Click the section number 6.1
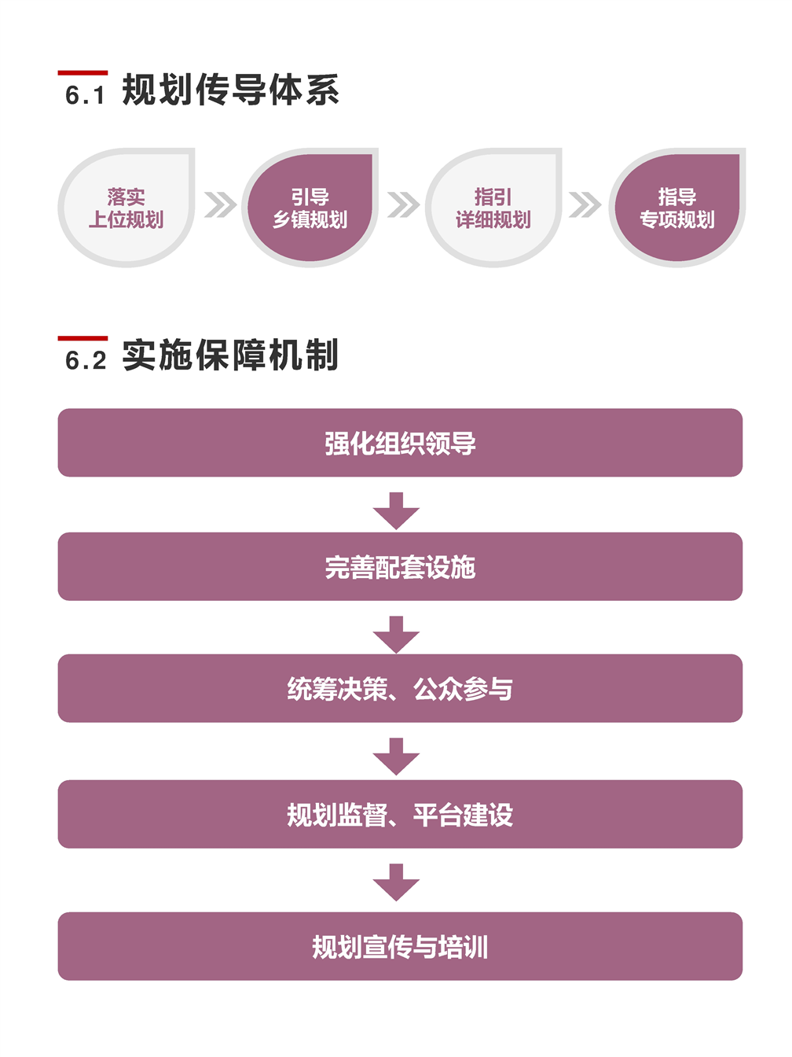[x=85, y=95]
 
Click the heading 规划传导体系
[x=230, y=90]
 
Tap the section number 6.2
[x=86, y=361]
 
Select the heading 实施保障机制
[x=230, y=355]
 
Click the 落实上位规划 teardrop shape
[x=126, y=208]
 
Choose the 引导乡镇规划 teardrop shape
[x=310, y=208]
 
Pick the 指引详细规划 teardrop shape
[x=493, y=208]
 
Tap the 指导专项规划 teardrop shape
[x=677, y=208]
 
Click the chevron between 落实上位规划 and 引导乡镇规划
[x=220, y=204]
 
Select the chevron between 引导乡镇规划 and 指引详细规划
[x=403, y=204]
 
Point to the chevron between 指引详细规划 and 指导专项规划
[x=585, y=204]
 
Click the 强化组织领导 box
[x=400, y=443]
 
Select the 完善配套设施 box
[x=400, y=566]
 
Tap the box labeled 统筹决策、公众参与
[x=400, y=688]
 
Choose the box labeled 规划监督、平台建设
[x=400, y=814]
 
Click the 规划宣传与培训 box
[x=400, y=946]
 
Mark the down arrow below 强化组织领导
[x=396, y=511]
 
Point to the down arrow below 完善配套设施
[x=396, y=635]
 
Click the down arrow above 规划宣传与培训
[x=396, y=882]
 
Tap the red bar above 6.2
[x=82, y=338]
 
